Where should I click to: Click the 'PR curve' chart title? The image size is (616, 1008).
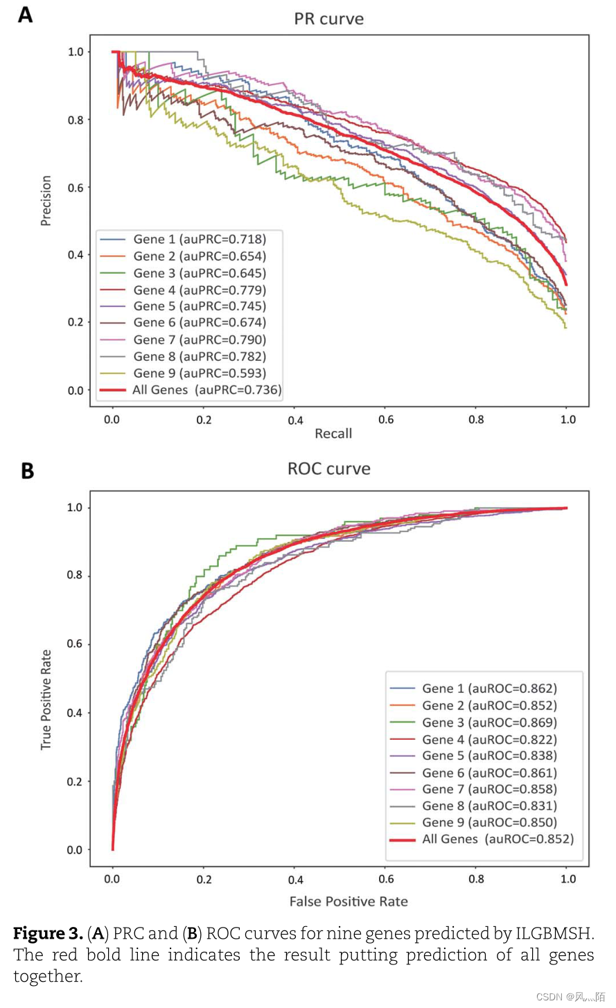329,19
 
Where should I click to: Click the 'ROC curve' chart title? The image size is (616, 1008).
329,469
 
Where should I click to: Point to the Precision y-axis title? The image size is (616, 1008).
46,201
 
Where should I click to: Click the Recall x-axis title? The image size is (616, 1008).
333,434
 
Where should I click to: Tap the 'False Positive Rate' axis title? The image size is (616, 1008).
349,901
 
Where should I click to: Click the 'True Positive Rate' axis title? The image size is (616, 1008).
46,700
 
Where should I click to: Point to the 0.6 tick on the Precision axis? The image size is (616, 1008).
76,188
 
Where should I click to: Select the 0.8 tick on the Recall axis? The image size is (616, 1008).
476,420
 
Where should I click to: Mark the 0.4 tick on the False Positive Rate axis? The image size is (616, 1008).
295,879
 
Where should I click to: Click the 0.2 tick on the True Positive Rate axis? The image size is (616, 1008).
75,781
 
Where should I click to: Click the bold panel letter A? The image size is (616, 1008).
25,15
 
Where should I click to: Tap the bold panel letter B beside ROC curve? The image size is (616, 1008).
28,470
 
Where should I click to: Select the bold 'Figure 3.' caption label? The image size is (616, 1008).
48,934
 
